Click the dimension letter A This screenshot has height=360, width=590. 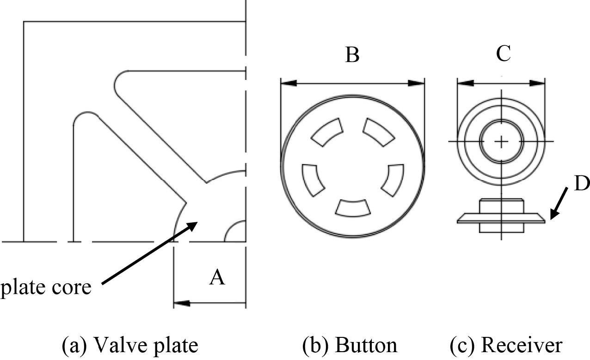point(217,278)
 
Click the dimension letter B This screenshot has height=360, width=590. point(352,55)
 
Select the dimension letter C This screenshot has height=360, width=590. point(503,54)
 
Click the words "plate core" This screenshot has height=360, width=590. point(45,287)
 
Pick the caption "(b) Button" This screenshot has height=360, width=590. point(349,345)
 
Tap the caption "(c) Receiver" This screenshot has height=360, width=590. point(506,345)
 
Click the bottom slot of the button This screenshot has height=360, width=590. point(352,207)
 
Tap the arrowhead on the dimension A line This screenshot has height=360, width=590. point(180,304)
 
